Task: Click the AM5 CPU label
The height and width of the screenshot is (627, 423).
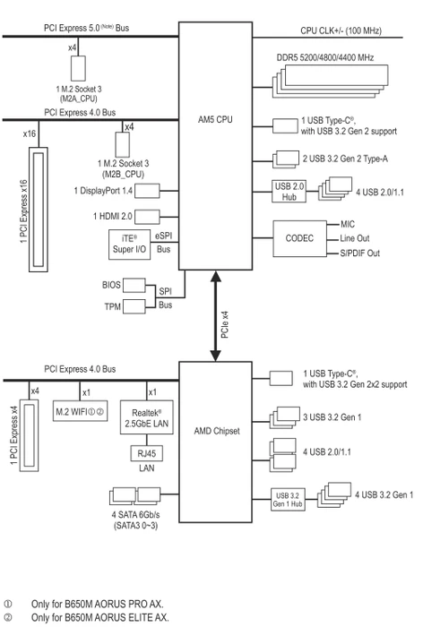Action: click(x=215, y=119)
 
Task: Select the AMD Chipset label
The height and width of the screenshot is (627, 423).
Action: click(x=217, y=431)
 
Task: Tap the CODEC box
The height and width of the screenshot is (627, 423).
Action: click(x=299, y=238)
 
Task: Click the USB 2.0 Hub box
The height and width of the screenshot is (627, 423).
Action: click(x=289, y=191)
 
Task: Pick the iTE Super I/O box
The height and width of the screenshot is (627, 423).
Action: click(x=129, y=245)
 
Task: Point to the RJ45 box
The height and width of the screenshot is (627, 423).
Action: click(x=146, y=453)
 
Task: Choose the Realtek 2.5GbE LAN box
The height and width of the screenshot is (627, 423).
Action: click(x=146, y=417)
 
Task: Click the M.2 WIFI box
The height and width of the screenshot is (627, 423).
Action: click(x=80, y=411)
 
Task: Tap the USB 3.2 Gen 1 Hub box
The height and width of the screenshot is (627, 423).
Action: click(x=288, y=500)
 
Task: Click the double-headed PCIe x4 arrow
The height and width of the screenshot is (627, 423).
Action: click(x=216, y=316)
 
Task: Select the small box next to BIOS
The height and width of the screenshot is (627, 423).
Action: click(x=134, y=285)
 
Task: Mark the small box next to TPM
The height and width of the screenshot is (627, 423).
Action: click(x=134, y=306)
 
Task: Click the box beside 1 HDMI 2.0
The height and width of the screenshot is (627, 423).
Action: click(x=147, y=217)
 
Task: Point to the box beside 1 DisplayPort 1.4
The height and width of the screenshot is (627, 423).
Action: click(x=147, y=191)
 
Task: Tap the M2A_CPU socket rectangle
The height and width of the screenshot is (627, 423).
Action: click(x=78, y=68)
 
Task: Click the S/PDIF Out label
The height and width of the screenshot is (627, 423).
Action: click(x=359, y=253)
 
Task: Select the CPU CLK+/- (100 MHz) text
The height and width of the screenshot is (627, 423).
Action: click(x=341, y=30)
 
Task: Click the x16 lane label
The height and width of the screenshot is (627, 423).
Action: click(x=30, y=133)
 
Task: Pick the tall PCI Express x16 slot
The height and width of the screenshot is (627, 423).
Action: click(x=39, y=210)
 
